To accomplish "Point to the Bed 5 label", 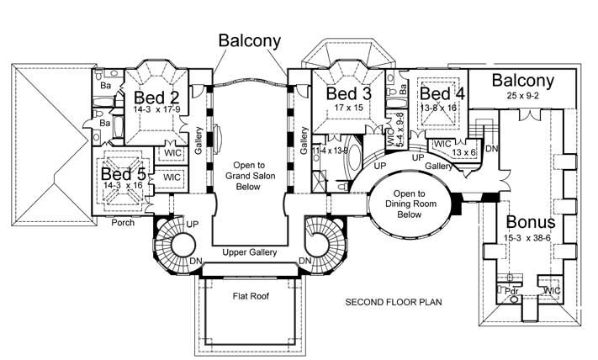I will click(x=124, y=174).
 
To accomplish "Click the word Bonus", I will click(x=531, y=222).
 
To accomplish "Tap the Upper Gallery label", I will click(x=250, y=252).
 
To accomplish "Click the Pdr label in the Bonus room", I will click(x=511, y=290).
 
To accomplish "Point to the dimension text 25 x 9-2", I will click(x=523, y=97).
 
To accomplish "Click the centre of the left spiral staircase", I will click(x=179, y=246).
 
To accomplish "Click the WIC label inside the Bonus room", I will click(x=552, y=290).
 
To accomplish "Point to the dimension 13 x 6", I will click(x=463, y=152).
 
